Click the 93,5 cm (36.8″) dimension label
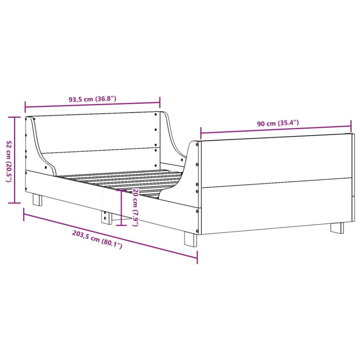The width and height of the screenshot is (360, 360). coord(92,99)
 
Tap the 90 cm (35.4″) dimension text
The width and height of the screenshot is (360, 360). coord(278,123)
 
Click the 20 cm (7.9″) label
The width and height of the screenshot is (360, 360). coord(134,207)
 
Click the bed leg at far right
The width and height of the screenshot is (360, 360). coord(337,228)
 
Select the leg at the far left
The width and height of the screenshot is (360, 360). coord(37,200)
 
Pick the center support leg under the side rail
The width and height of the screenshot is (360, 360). coord(105,218)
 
